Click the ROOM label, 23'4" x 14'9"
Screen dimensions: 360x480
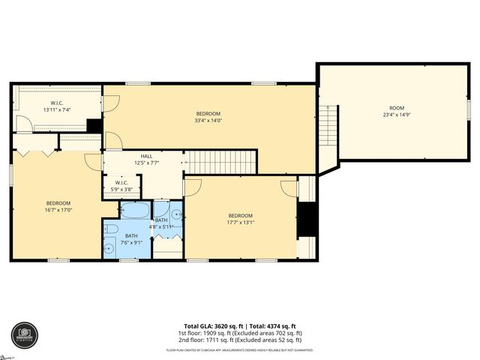[x=397, y=111]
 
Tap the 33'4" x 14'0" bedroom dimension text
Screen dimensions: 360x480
[x=208, y=120]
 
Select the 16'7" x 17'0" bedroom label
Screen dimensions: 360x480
[x=58, y=207]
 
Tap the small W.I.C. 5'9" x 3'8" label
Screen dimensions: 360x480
[x=121, y=186]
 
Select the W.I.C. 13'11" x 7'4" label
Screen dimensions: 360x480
[x=56, y=106]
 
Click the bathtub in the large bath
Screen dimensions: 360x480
[x=136, y=208]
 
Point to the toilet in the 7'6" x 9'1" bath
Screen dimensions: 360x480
[x=110, y=229]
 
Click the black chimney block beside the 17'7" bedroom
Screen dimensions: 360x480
[x=307, y=219]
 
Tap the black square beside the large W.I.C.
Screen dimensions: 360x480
[x=94, y=125]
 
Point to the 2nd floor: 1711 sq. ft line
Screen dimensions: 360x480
[x=240, y=340]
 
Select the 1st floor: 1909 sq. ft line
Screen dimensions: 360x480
[x=240, y=334]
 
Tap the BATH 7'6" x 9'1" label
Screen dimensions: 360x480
[x=131, y=238]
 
